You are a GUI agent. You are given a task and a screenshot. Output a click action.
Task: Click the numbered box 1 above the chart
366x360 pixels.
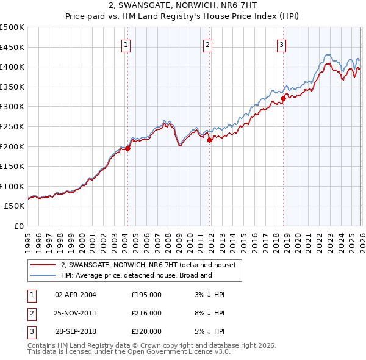pyautogui.click(x=126, y=44)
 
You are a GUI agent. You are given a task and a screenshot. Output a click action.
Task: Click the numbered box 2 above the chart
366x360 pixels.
pyautogui.click(x=208, y=44)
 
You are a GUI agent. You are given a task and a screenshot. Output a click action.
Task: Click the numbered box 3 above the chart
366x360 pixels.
pyautogui.click(x=282, y=44)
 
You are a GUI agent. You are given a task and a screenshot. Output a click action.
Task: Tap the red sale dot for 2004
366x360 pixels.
pyautogui.click(x=127, y=148)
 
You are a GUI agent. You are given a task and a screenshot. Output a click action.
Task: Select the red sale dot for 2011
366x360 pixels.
pyautogui.click(x=210, y=140)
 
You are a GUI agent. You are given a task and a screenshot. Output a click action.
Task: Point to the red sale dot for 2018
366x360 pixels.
pyautogui.click(x=283, y=98)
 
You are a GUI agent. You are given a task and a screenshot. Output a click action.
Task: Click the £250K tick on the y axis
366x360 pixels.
pyautogui.click(x=12, y=126)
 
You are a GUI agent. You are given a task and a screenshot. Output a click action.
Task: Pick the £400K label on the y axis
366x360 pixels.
pyautogui.click(x=12, y=67)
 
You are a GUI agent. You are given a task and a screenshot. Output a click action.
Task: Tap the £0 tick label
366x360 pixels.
pyautogui.click(x=20, y=226)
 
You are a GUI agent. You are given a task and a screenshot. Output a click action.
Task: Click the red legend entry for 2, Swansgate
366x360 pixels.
pyautogui.click(x=151, y=265)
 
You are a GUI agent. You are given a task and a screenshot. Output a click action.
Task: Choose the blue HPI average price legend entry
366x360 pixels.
pyautogui.click(x=135, y=275)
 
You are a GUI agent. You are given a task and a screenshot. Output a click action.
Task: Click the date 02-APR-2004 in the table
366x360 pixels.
pyautogui.click(x=75, y=295)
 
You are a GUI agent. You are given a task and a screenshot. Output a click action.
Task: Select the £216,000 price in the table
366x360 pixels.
pyautogui.click(x=146, y=313)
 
